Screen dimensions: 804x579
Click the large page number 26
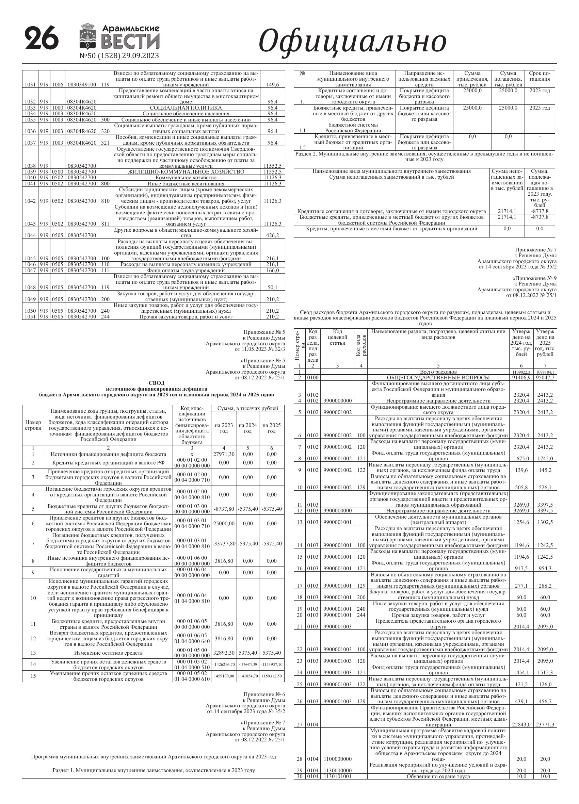tap(42, 39)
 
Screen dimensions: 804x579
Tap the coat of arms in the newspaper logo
tap(87, 36)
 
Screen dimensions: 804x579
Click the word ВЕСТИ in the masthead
tap(130, 42)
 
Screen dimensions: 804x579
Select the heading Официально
tap(352, 41)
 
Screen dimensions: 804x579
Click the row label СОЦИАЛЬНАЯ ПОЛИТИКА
tap(186, 108)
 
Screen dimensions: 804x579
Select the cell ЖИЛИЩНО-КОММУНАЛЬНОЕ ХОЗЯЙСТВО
tap(186, 172)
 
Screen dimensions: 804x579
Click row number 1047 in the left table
tap(30, 270)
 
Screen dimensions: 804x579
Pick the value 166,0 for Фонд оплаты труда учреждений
tap(272, 270)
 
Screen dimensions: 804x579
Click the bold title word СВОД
tap(156, 383)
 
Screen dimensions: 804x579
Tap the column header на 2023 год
tap(224, 428)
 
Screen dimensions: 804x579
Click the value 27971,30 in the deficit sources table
tap(224, 454)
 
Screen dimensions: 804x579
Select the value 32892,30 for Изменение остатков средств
tap(224, 653)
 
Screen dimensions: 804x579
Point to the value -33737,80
tap(224, 543)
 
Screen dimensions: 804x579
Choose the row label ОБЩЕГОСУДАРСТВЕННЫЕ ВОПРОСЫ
tap(438, 378)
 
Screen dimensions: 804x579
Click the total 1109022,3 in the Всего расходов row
tap(521, 372)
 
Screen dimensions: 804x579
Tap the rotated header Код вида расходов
tap(361, 345)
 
